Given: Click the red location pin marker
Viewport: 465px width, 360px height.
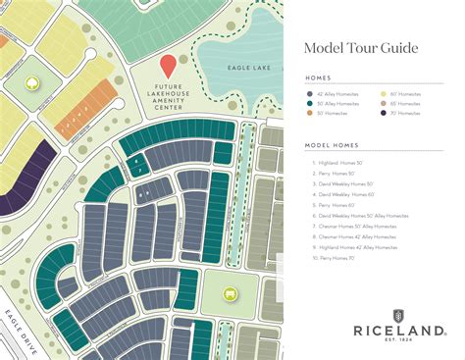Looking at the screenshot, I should point(168,66).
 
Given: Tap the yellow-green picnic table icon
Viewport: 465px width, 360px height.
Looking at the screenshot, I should point(231,292).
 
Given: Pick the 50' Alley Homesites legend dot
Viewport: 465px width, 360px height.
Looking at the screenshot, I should point(310,103).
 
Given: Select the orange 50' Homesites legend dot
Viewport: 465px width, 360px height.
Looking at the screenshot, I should point(310,113).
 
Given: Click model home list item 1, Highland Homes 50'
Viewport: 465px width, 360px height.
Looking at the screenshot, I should point(338,163).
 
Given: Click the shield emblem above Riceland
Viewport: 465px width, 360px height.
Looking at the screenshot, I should point(396,315).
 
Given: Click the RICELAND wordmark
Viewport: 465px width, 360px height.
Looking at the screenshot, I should point(396,332).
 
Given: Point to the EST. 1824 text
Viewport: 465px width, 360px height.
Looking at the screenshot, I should point(396,344).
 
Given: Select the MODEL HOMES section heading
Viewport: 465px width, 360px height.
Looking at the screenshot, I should point(325,145).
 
